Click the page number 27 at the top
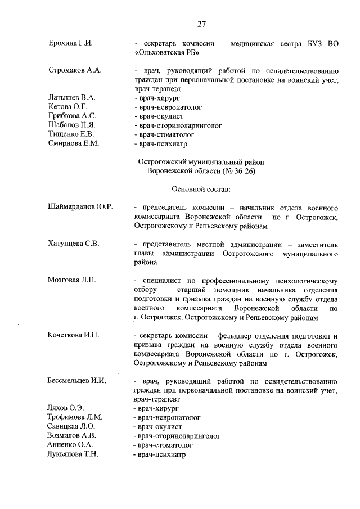pos(201,24)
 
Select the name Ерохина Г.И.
pos(70,43)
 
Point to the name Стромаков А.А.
pos(75,71)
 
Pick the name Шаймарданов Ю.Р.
pos(81,207)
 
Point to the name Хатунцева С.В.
pos(73,244)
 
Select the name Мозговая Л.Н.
pos(72,280)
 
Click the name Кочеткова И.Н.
pos(74,335)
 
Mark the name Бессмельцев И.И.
pos(77,381)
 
